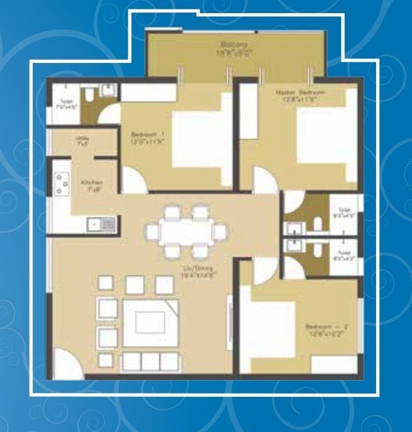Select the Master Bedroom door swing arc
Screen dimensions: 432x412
(x=262, y=180)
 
